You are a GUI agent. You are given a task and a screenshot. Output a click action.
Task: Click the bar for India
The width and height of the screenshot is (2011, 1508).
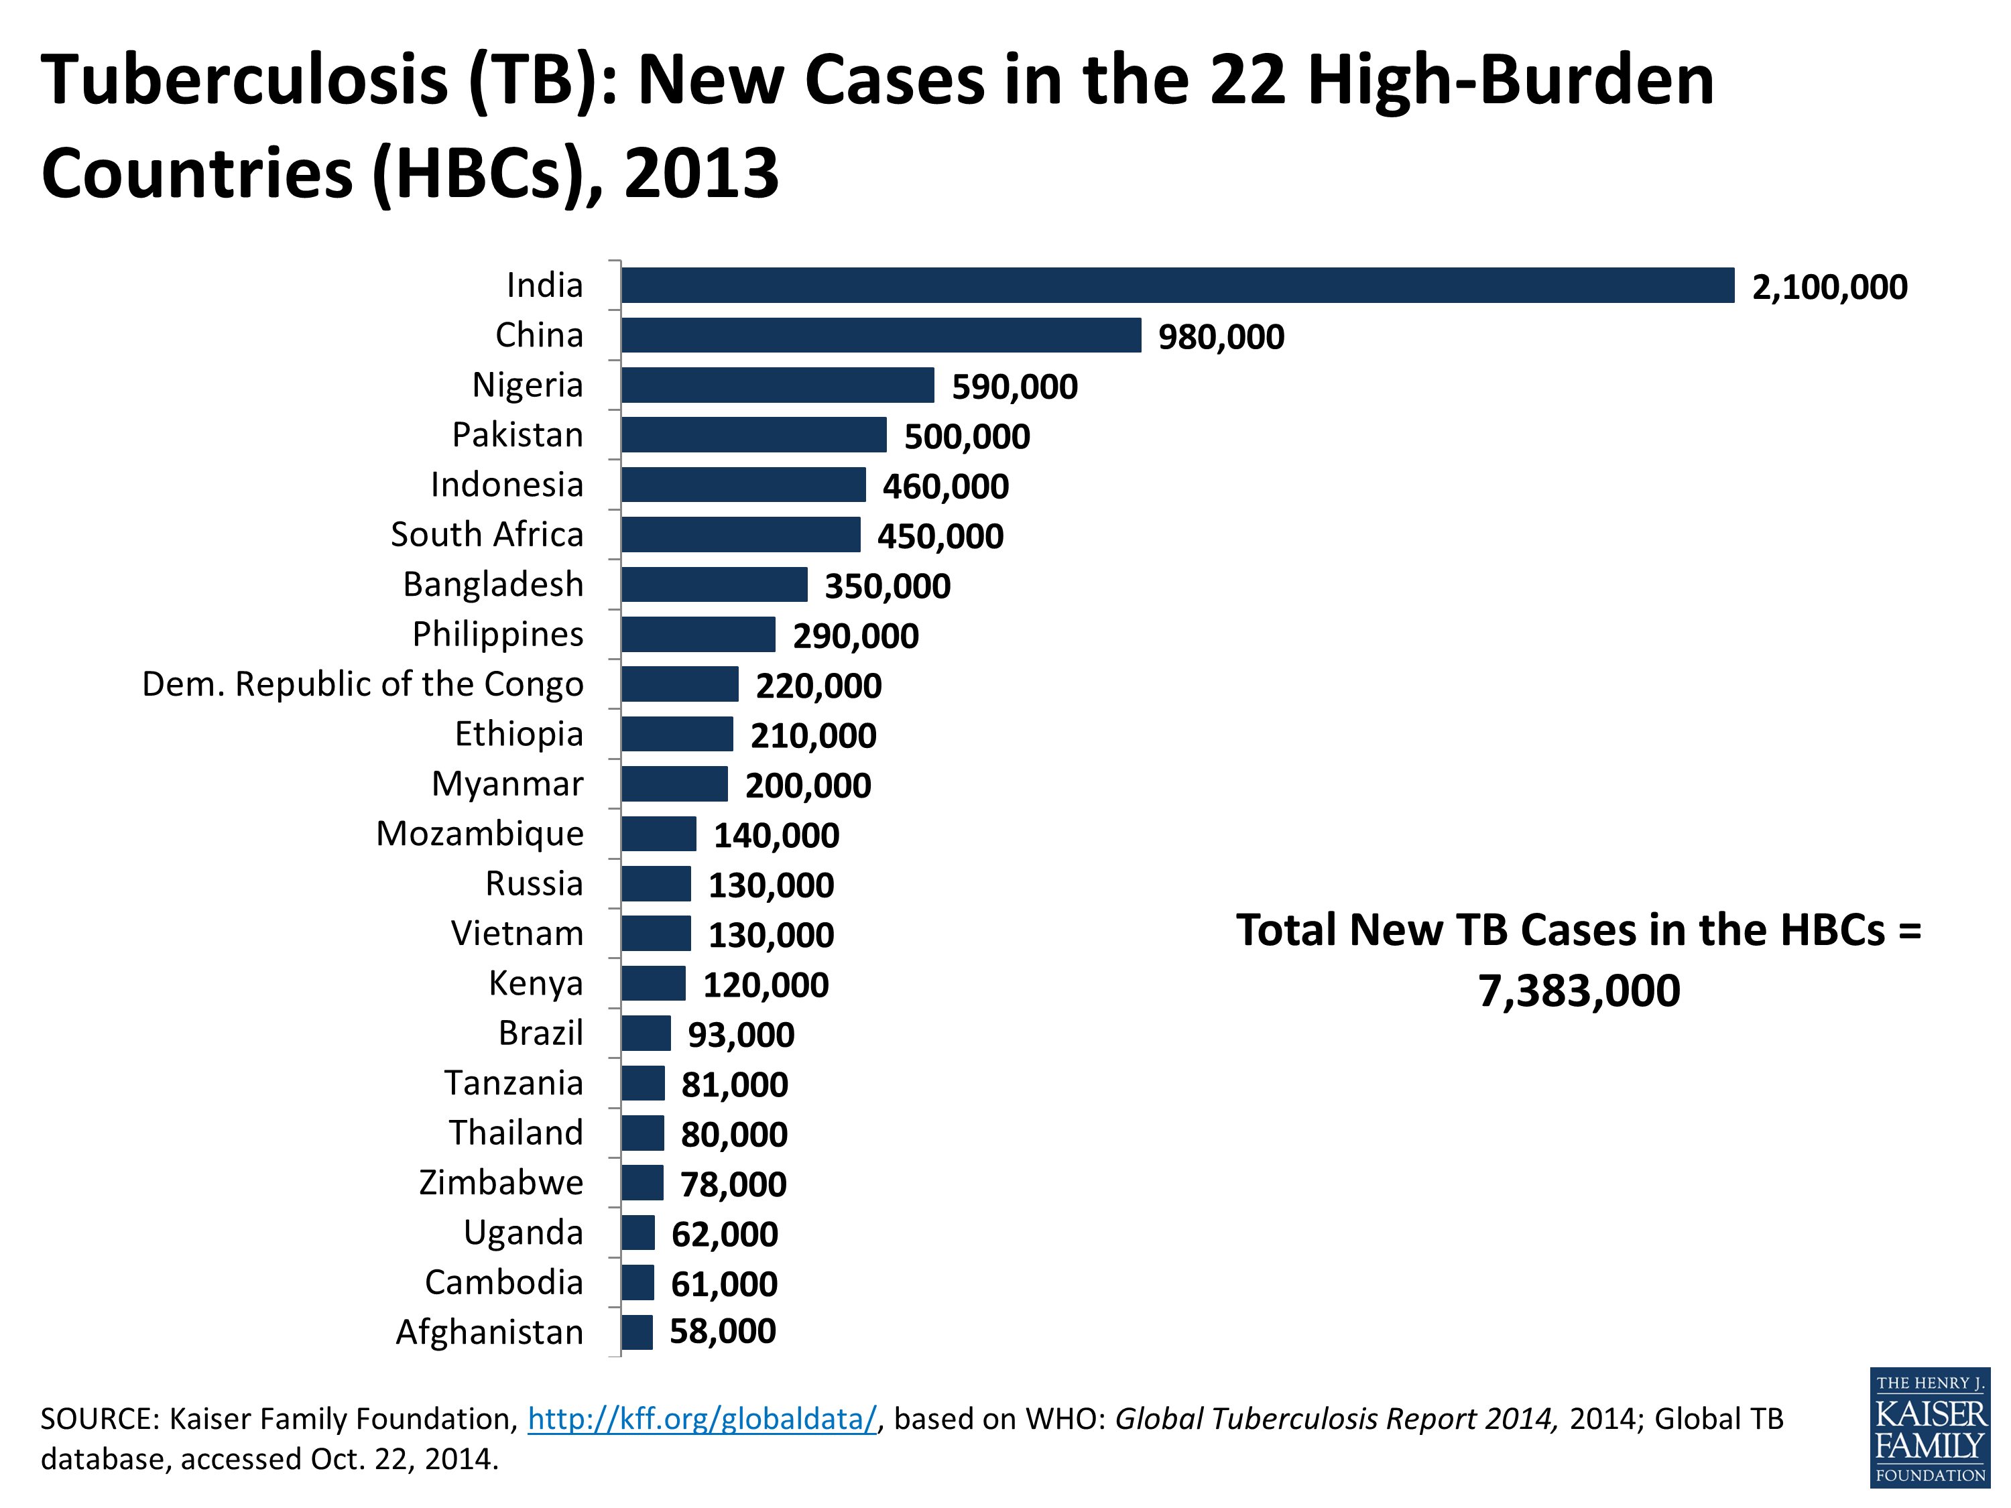pos(1177,286)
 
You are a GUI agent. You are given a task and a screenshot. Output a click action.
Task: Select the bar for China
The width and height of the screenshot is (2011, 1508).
pos(880,335)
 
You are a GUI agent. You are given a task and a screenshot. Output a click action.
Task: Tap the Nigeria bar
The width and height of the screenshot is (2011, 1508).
pos(778,385)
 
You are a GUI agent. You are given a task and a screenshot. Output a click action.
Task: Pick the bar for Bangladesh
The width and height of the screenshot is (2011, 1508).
pos(714,584)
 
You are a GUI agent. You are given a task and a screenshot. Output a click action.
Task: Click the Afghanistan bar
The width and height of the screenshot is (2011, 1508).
pos(636,1332)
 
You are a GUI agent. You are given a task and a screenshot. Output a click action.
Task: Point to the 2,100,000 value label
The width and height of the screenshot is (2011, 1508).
pos(1829,288)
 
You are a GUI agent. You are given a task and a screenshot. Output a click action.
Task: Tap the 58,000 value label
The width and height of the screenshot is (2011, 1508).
pos(723,1332)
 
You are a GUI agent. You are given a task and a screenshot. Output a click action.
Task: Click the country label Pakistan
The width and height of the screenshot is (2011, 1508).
pos(517,436)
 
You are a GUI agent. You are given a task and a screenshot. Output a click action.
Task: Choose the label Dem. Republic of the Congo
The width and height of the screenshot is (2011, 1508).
pos(363,684)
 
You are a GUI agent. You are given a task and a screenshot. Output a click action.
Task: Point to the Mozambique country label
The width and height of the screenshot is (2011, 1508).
pos(480,834)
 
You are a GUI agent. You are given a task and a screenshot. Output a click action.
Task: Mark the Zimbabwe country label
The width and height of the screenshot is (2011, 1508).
pos(501,1182)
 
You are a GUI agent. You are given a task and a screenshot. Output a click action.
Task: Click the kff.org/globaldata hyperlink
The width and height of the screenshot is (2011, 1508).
pos(702,1419)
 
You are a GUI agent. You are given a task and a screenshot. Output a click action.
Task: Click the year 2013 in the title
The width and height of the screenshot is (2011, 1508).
pos(701,174)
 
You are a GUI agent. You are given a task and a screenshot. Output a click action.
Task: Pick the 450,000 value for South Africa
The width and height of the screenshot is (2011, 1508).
pos(940,536)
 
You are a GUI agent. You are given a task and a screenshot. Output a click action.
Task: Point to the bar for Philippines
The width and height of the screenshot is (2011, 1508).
pos(698,635)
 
